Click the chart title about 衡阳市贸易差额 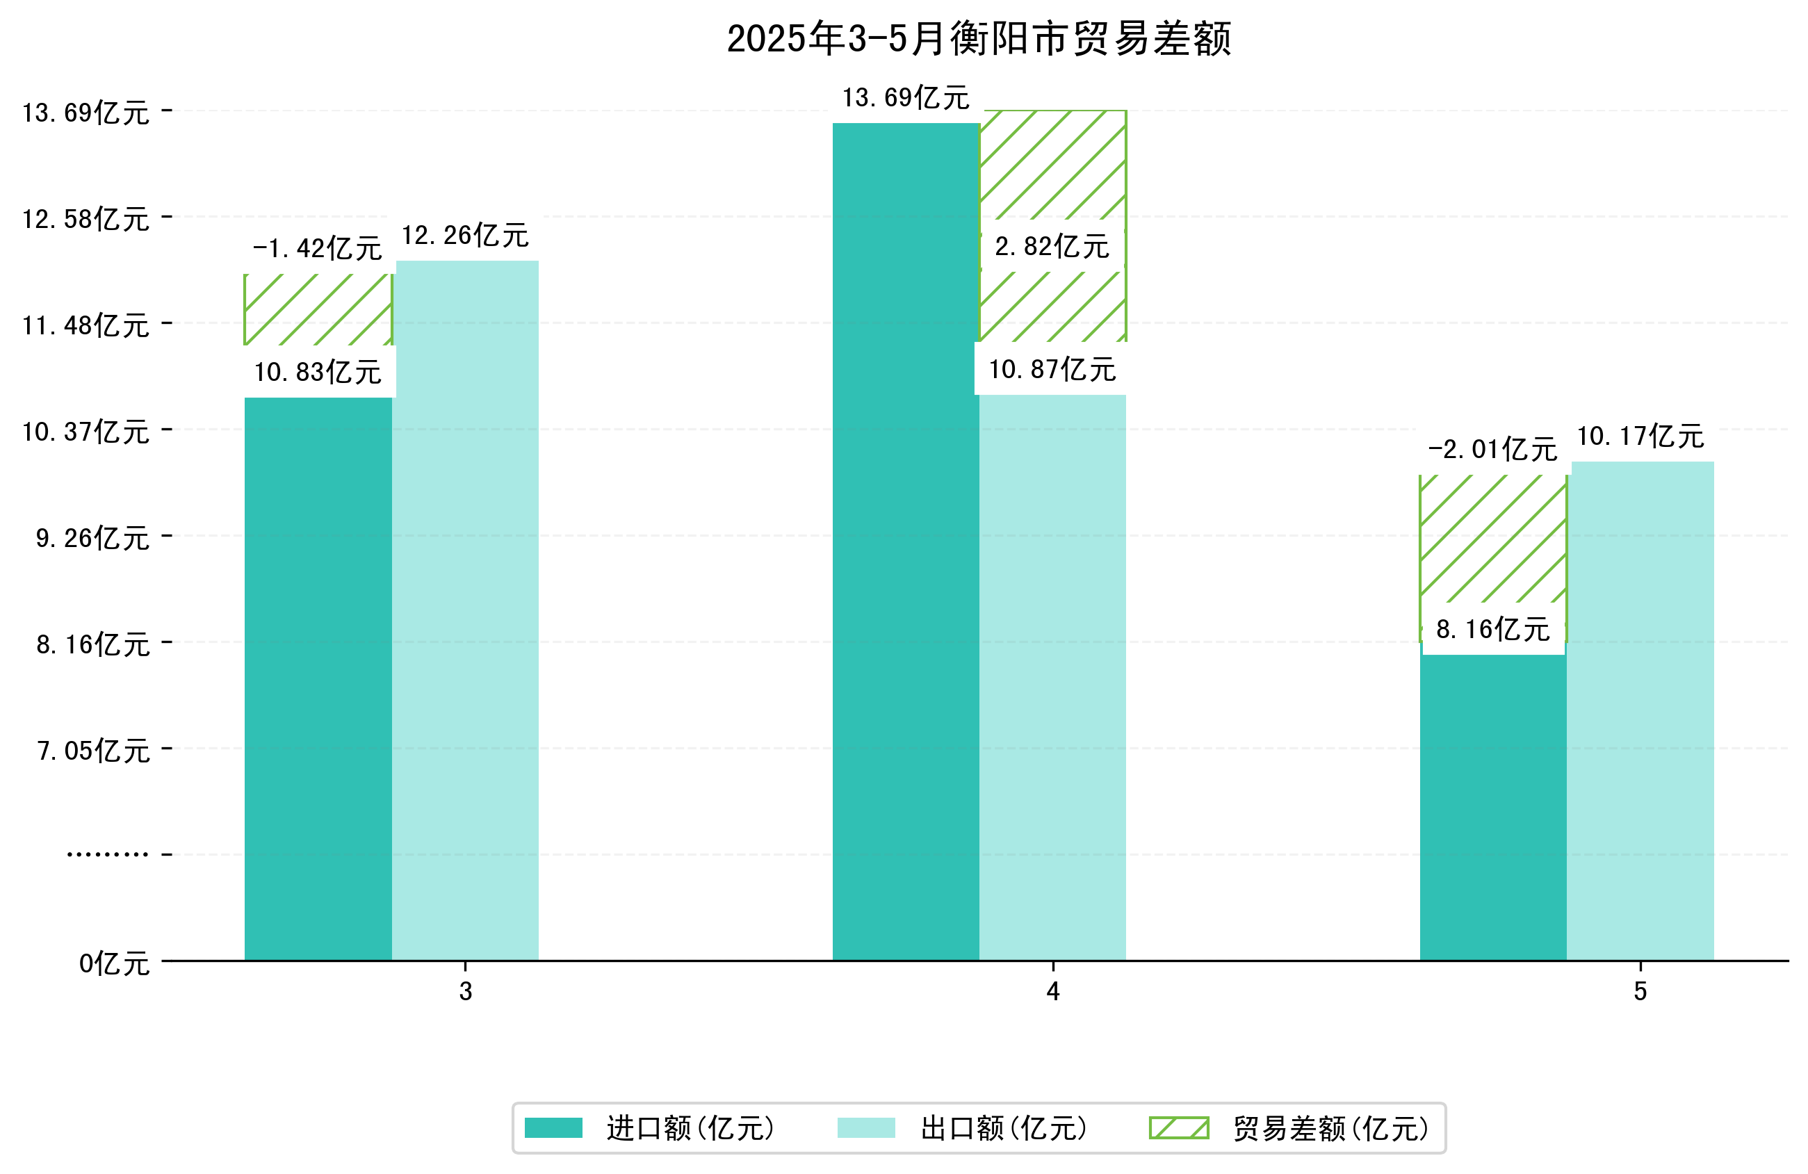coord(979,39)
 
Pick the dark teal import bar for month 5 coord(1492,806)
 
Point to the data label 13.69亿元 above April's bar coord(906,98)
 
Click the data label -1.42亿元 coord(317,248)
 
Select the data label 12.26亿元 coord(465,236)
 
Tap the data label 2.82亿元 coord(1052,247)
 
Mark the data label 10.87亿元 coord(1052,370)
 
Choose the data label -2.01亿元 coord(1492,450)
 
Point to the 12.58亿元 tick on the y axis coord(85,220)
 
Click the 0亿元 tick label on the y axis coord(114,964)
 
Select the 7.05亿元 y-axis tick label coord(93,751)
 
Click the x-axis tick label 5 coord(1640,993)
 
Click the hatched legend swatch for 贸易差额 coord(1178,1128)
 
